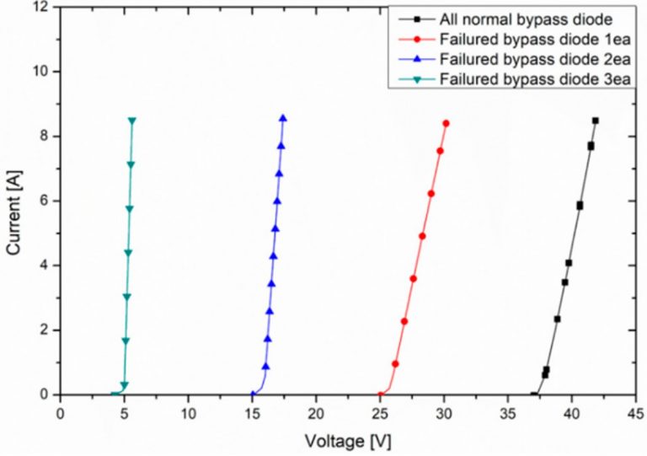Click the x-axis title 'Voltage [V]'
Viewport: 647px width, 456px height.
click(350, 441)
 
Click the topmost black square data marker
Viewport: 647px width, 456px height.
click(595, 121)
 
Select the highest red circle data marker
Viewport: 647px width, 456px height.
click(446, 123)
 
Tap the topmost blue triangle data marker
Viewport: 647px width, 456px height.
click(283, 118)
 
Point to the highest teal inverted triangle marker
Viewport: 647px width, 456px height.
click(132, 121)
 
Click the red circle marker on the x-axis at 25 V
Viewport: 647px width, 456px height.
click(380, 394)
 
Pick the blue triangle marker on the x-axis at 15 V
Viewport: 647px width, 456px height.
click(253, 394)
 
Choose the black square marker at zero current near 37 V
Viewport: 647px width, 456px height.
click(533, 394)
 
